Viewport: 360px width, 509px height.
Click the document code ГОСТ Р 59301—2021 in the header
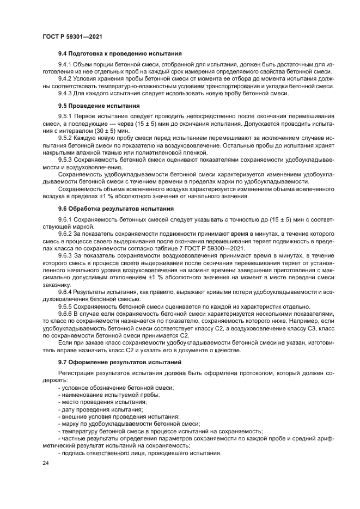(72, 35)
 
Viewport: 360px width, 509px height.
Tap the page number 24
(46, 463)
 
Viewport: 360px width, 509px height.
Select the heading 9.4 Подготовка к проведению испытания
(119, 54)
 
